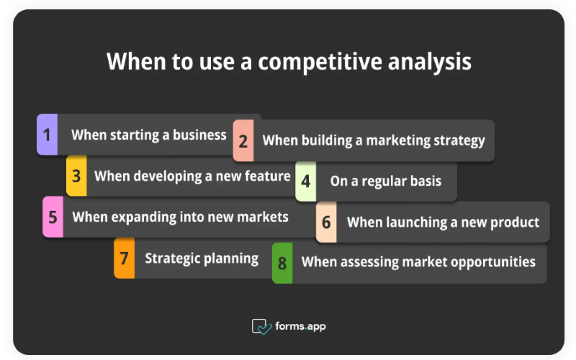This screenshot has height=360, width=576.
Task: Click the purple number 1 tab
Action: pyautogui.click(x=47, y=135)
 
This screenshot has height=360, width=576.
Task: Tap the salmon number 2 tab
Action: pyautogui.click(x=243, y=141)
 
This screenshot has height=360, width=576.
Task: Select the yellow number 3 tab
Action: pyautogui.click(x=76, y=176)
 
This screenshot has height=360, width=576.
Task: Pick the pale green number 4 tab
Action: pyautogui.click(x=306, y=181)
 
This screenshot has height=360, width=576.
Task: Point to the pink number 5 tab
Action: pyautogui.click(x=53, y=217)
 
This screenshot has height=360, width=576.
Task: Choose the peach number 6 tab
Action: pyautogui.click(x=326, y=222)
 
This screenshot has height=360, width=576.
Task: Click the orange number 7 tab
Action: pyautogui.click(x=124, y=258)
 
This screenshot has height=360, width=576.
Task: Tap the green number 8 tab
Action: pyautogui.click(x=282, y=263)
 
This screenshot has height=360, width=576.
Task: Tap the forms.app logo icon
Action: pyautogui.click(x=261, y=326)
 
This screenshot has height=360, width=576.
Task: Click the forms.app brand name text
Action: pyautogui.click(x=300, y=326)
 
